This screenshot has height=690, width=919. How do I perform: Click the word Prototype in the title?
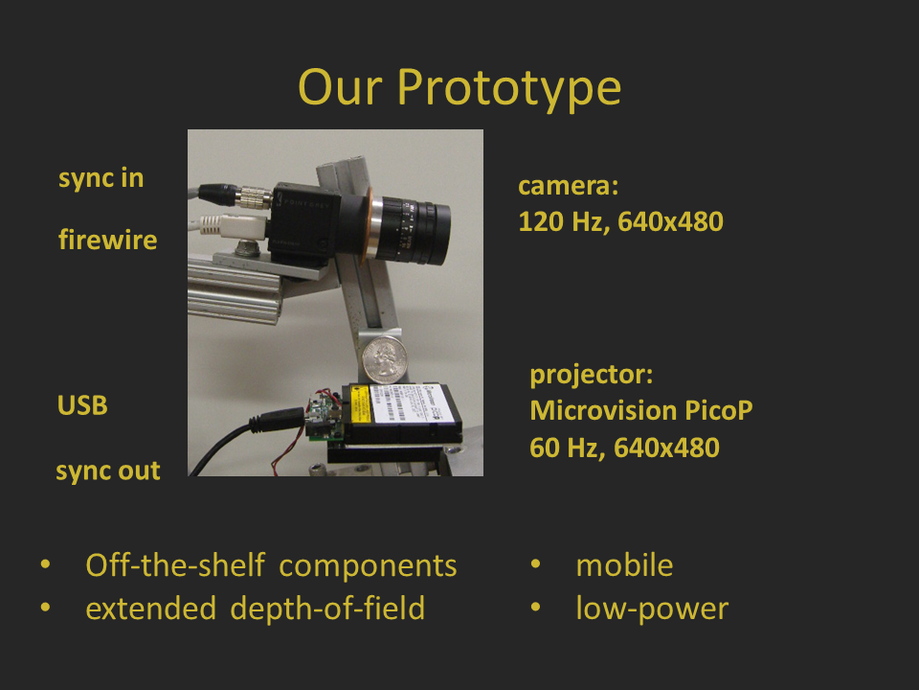point(508,89)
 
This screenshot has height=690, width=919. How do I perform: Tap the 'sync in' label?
point(101,178)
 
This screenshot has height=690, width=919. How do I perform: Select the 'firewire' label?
point(108,240)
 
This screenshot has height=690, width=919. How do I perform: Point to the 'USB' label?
point(82,404)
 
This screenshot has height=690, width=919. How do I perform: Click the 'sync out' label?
point(108,471)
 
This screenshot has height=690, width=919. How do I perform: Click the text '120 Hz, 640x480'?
point(620,221)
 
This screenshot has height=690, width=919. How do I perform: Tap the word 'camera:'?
point(568,185)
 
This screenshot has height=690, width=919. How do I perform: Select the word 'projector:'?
point(592,376)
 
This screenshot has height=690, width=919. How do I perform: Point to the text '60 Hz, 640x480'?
point(624,448)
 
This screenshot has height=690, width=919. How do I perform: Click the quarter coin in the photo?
point(385,359)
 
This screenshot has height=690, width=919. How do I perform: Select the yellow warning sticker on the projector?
point(359,403)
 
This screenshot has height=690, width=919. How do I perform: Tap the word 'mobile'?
point(625,565)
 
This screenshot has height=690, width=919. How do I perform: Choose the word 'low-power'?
point(652,609)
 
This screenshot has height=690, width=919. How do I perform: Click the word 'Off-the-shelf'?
point(176,565)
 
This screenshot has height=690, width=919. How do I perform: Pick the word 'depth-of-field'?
point(327,609)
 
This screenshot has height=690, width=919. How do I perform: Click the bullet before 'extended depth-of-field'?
point(45,608)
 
